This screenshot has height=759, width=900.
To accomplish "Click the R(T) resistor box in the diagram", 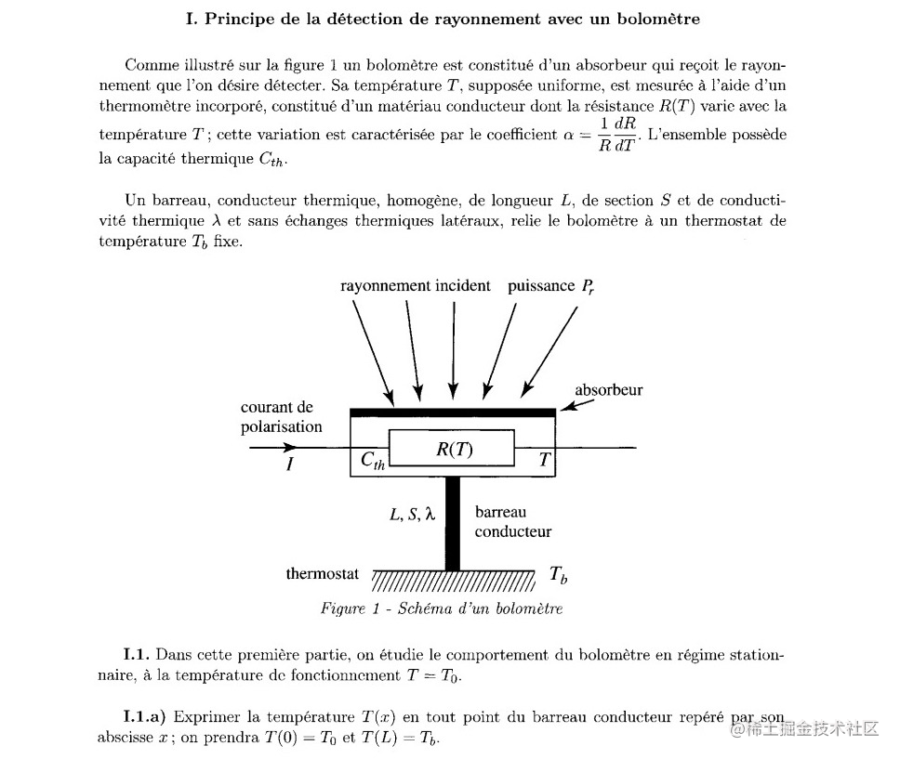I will click(x=452, y=448).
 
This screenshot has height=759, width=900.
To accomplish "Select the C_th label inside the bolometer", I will click(x=372, y=460).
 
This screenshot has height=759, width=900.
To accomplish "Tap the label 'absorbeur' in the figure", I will click(x=609, y=390).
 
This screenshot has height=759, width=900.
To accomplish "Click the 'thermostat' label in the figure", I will click(x=322, y=574).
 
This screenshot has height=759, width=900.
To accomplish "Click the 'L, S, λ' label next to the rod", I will click(x=412, y=513).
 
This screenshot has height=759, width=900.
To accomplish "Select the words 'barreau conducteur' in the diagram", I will click(x=512, y=522).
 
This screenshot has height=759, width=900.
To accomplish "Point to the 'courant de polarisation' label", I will click(x=281, y=417).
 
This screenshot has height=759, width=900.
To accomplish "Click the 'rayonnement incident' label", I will click(x=415, y=286).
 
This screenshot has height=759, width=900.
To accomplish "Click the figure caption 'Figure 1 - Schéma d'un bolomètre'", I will click(x=442, y=609).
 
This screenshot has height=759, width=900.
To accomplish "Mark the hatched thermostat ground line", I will click(x=453, y=581).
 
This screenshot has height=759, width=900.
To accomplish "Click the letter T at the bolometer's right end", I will click(x=545, y=458).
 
